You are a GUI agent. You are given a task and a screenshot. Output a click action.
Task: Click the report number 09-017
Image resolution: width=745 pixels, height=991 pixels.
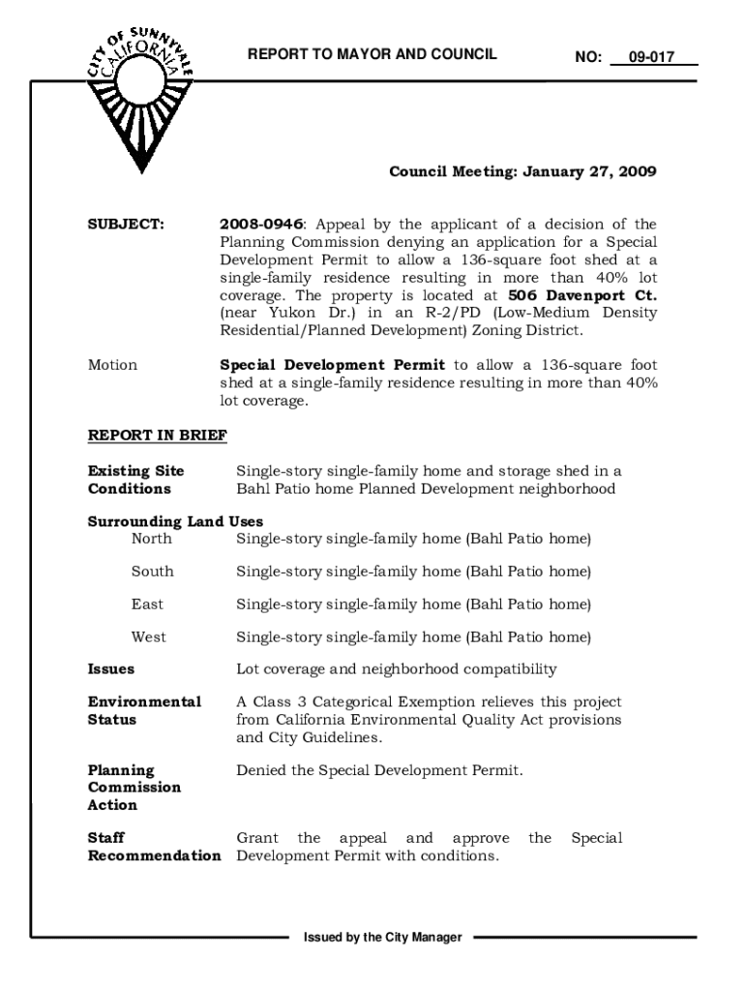pyautogui.click(x=650, y=57)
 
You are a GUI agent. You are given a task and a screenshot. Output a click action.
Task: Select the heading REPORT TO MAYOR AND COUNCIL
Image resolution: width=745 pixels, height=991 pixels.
pyautogui.click(x=372, y=54)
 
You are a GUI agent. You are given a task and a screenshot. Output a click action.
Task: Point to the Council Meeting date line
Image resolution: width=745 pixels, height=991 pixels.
pyautogui.click(x=522, y=172)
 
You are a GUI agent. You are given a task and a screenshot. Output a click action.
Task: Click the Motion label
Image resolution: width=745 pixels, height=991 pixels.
pyautogui.click(x=113, y=366)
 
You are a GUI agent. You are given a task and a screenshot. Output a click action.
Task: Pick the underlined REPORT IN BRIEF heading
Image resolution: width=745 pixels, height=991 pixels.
pyautogui.click(x=158, y=435)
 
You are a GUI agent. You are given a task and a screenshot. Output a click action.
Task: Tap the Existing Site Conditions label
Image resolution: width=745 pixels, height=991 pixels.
pyautogui.click(x=136, y=480)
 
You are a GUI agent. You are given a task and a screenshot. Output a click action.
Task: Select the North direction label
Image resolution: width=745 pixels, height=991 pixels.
pyautogui.click(x=152, y=538)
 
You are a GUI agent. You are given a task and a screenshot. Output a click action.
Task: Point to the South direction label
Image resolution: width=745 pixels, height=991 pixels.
pyautogui.click(x=153, y=571)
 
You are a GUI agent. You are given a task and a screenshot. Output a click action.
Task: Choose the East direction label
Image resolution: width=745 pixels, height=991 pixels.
pyautogui.click(x=148, y=604)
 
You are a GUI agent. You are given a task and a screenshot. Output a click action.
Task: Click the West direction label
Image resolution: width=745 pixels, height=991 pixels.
pyautogui.click(x=149, y=637)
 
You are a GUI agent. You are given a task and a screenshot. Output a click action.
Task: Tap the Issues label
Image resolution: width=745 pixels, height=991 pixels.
pyautogui.click(x=111, y=670)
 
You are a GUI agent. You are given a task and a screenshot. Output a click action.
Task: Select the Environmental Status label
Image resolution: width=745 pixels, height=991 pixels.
pyautogui.click(x=145, y=711)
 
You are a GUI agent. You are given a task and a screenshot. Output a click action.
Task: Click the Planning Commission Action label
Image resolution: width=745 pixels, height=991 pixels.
pyautogui.click(x=134, y=788)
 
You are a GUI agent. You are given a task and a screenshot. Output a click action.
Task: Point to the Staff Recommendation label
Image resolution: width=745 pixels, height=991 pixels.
pyautogui.click(x=154, y=847)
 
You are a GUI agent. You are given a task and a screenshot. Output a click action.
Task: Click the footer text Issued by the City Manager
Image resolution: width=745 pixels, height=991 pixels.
pyautogui.click(x=382, y=938)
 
